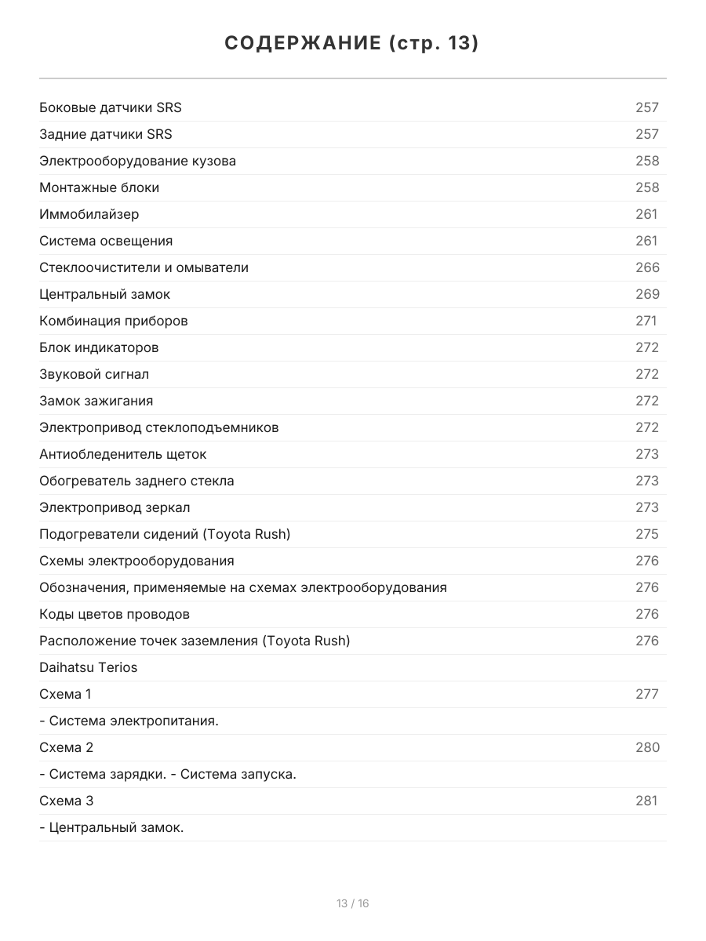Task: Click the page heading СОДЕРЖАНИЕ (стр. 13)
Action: (x=352, y=43)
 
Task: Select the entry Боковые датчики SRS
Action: (x=111, y=107)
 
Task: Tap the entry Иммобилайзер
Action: (x=89, y=214)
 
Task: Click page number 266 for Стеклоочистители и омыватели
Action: (x=647, y=267)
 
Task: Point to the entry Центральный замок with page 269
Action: (x=104, y=294)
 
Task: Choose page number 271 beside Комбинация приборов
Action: (x=646, y=321)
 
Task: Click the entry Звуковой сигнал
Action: (x=94, y=374)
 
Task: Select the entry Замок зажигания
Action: (x=96, y=401)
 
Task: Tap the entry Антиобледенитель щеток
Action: (x=123, y=454)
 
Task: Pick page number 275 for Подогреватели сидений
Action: (x=647, y=534)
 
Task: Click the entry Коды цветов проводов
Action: (x=115, y=614)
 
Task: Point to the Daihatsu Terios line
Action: (x=89, y=667)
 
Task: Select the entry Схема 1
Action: (x=66, y=694)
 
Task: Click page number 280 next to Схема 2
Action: (x=647, y=747)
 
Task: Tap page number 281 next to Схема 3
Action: (x=646, y=801)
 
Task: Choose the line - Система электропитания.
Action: (x=129, y=721)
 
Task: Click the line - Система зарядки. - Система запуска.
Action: (x=168, y=774)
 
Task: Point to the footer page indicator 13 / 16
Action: (x=353, y=903)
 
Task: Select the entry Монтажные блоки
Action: (x=100, y=187)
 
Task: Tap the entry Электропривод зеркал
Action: (x=115, y=507)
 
